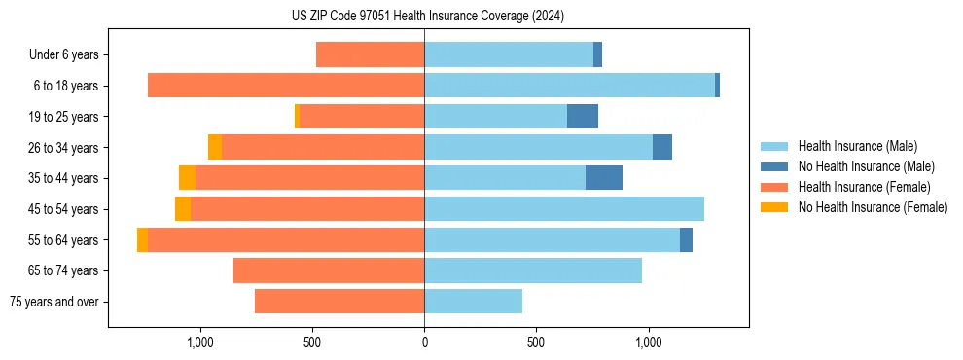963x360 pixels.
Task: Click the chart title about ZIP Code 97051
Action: pos(427,16)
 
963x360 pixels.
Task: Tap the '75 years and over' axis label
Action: pos(53,302)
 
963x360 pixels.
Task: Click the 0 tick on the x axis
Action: pos(424,342)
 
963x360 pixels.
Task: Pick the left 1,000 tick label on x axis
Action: pos(199,342)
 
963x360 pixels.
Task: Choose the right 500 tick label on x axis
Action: pos(536,342)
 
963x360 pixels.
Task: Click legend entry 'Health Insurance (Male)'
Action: pos(857,146)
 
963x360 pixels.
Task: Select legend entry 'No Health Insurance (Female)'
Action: pos(873,207)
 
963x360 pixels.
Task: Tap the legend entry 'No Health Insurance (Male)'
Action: pos(866,166)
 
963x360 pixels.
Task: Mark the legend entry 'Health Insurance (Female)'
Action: pos(864,187)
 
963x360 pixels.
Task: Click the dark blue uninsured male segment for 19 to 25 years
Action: pos(583,117)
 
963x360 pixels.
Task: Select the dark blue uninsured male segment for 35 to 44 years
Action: pos(604,178)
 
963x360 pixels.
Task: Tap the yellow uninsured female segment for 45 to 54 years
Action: pos(183,209)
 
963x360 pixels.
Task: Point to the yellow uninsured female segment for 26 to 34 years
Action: pos(215,147)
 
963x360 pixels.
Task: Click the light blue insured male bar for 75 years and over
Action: pos(473,302)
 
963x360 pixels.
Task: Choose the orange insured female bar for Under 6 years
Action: pos(371,55)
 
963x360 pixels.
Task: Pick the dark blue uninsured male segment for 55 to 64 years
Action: pos(686,239)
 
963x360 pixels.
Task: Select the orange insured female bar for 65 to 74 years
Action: pos(329,270)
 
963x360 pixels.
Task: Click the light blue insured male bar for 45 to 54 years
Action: pos(564,209)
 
